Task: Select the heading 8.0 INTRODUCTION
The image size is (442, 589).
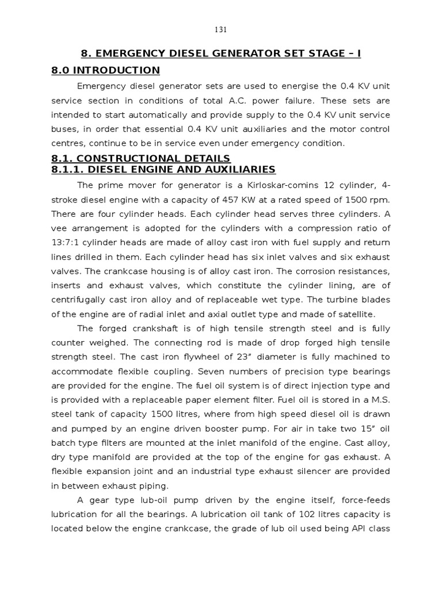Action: [x=105, y=70]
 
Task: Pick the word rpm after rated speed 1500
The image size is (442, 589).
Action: [x=382, y=199]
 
